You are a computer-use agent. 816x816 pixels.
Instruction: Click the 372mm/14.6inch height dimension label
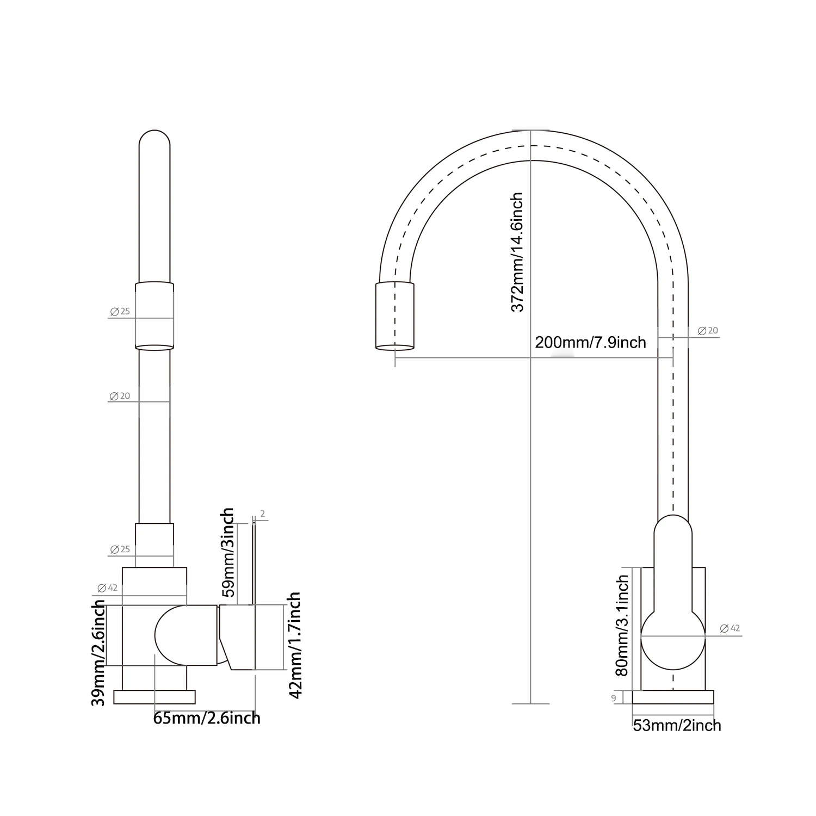517,252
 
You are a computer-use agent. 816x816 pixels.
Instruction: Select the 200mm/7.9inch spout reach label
590,342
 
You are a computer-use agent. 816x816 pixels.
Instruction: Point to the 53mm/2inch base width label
677,725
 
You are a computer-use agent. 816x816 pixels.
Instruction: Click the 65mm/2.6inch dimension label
207,718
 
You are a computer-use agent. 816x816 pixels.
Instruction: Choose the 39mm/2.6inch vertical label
98,653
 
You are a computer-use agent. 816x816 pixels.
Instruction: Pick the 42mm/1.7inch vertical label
294,645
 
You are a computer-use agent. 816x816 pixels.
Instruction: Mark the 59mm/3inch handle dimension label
228,552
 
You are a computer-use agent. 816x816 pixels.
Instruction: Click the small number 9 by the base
614,698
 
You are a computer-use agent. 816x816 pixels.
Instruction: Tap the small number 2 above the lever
263,514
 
